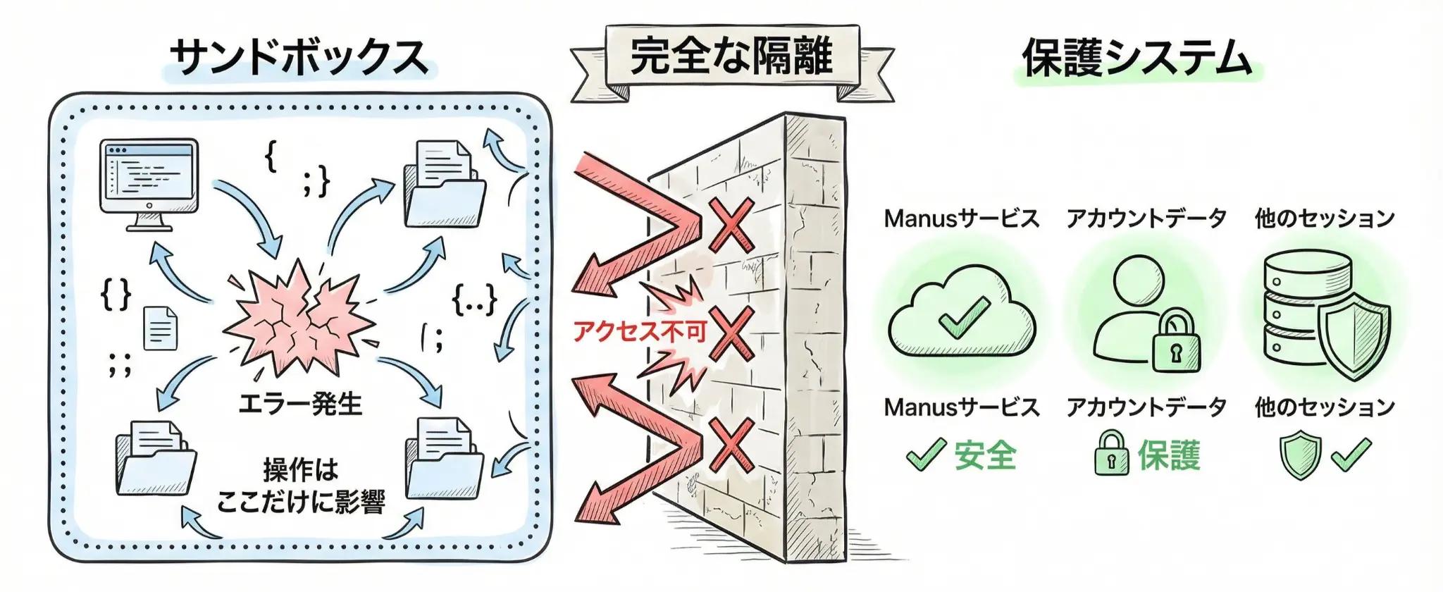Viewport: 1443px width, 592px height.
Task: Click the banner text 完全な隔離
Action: (731, 56)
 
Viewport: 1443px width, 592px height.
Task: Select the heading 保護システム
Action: (1137, 58)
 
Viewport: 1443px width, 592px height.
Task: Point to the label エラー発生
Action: (300, 404)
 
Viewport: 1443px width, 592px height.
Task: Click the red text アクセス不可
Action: (639, 331)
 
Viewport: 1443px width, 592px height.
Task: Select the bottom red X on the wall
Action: (731, 445)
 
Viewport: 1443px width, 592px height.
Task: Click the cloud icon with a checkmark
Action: (962, 315)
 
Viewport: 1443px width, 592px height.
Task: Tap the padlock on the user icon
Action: (1175, 343)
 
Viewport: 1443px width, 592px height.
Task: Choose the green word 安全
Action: (985, 455)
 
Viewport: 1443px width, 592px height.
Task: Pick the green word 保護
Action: (1169, 455)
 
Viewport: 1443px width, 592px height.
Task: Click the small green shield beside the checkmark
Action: (1300, 455)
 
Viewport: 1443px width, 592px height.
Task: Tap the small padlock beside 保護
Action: (1111, 455)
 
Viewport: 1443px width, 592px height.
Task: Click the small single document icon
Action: (160, 328)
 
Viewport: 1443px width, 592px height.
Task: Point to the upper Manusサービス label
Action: (962, 218)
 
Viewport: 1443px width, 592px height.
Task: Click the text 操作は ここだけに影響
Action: (301, 486)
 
